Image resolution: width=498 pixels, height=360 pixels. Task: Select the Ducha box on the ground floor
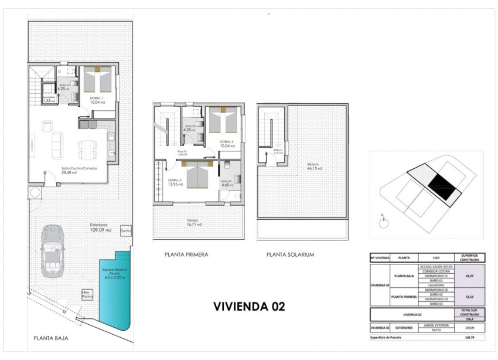(x=126, y=230)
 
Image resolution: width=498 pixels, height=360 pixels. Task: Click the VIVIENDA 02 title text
(x=249, y=306)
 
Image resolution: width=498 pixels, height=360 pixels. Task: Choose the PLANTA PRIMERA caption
(x=186, y=254)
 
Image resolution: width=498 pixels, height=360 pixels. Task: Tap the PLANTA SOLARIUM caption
(x=290, y=254)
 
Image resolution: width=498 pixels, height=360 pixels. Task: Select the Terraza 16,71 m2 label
(x=193, y=223)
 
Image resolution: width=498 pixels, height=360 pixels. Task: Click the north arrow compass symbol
(x=383, y=222)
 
